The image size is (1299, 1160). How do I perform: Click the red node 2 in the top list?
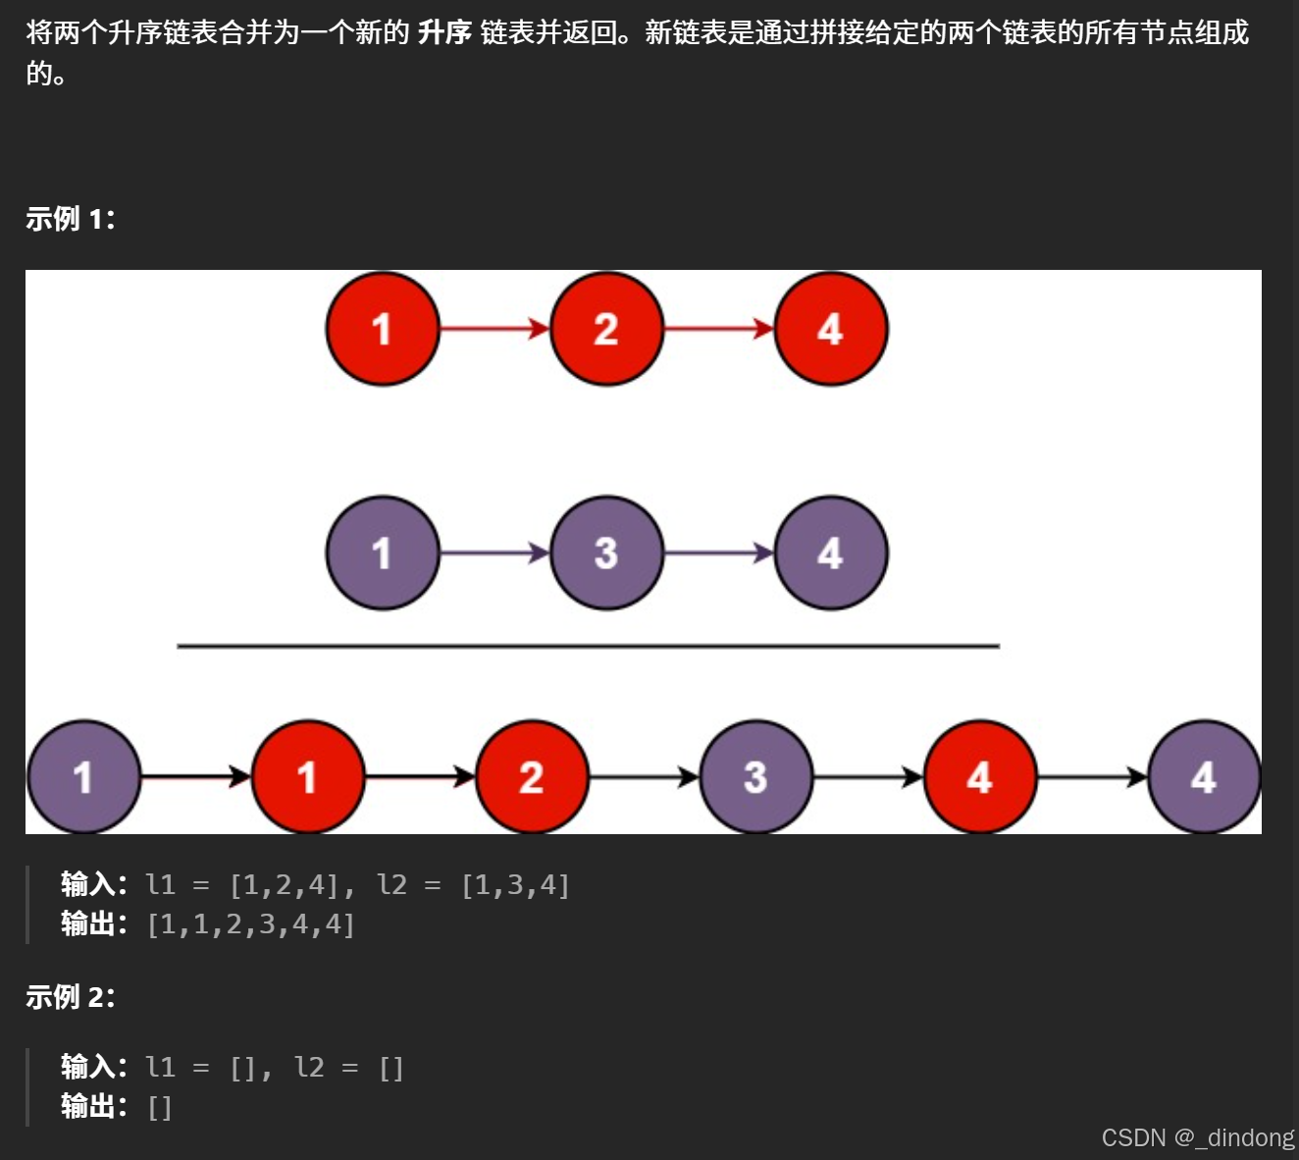606,329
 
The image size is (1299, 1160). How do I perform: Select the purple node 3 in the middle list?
606,554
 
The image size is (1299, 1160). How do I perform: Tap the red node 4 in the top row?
830,329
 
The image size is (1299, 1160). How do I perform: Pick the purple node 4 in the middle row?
830,554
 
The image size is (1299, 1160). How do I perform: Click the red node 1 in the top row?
383,329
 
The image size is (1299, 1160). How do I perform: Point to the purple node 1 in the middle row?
383,554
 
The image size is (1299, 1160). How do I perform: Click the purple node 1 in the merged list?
83,777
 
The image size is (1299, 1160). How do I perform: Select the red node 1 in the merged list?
307,777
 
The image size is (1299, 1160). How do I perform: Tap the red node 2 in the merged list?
532,777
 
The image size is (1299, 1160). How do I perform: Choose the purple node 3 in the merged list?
755,777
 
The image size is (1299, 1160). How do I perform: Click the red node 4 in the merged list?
979,777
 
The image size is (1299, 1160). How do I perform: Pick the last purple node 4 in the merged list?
1204,777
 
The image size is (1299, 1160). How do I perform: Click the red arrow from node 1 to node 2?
494,329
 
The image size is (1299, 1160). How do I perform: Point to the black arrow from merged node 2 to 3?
644,777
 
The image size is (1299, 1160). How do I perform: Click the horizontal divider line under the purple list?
589,647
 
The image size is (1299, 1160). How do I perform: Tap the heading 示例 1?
70,219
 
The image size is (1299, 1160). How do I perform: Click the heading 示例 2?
70,997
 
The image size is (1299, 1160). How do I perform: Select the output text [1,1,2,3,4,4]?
250,924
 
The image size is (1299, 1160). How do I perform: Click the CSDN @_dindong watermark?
1197,1137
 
